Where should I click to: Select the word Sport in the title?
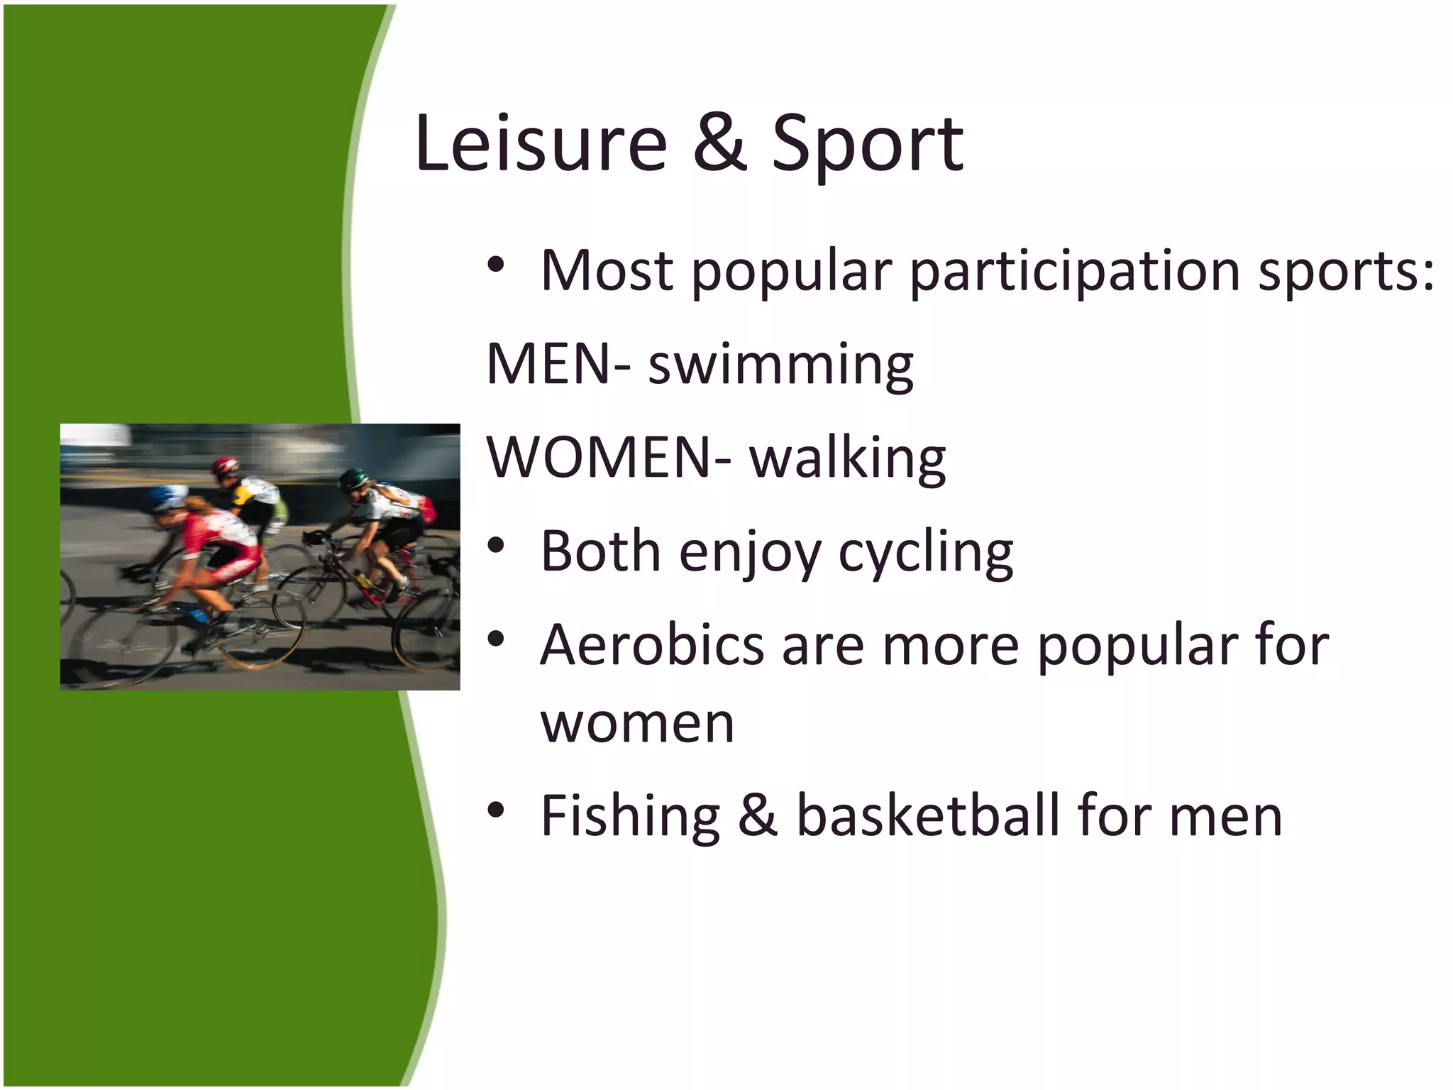pyautogui.click(x=867, y=145)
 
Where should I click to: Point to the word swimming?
pyautogui.click(x=780, y=366)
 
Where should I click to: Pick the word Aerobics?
pyautogui.click(x=652, y=645)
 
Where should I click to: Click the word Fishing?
pyautogui.click(x=630, y=816)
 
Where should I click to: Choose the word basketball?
pyautogui.click(x=927, y=816)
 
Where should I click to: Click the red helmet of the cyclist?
pyautogui.click(x=226, y=466)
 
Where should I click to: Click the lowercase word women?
pyautogui.click(x=637, y=725)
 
